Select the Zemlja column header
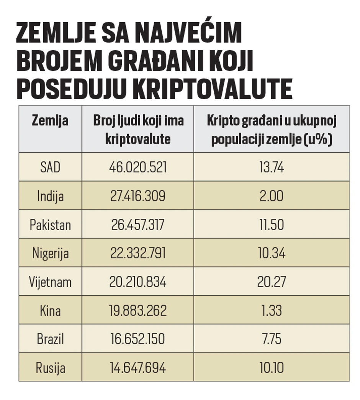50,121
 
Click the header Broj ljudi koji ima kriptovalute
138,130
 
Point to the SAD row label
50,167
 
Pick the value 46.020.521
138,167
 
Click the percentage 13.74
271,167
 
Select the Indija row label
50,196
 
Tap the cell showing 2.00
271,196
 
